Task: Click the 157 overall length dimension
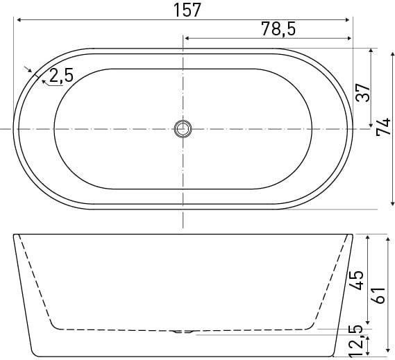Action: (187, 10)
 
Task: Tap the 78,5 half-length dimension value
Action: (278, 28)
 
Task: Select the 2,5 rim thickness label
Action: (61, 75)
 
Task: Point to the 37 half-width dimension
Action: (362, 92)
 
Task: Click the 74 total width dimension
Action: (383, 127)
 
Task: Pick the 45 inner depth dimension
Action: (355, 280)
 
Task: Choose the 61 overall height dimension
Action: (378, 295)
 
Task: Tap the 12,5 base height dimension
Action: (355, 341)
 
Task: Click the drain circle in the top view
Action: (183, 129)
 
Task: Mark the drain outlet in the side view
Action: (183, 332)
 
